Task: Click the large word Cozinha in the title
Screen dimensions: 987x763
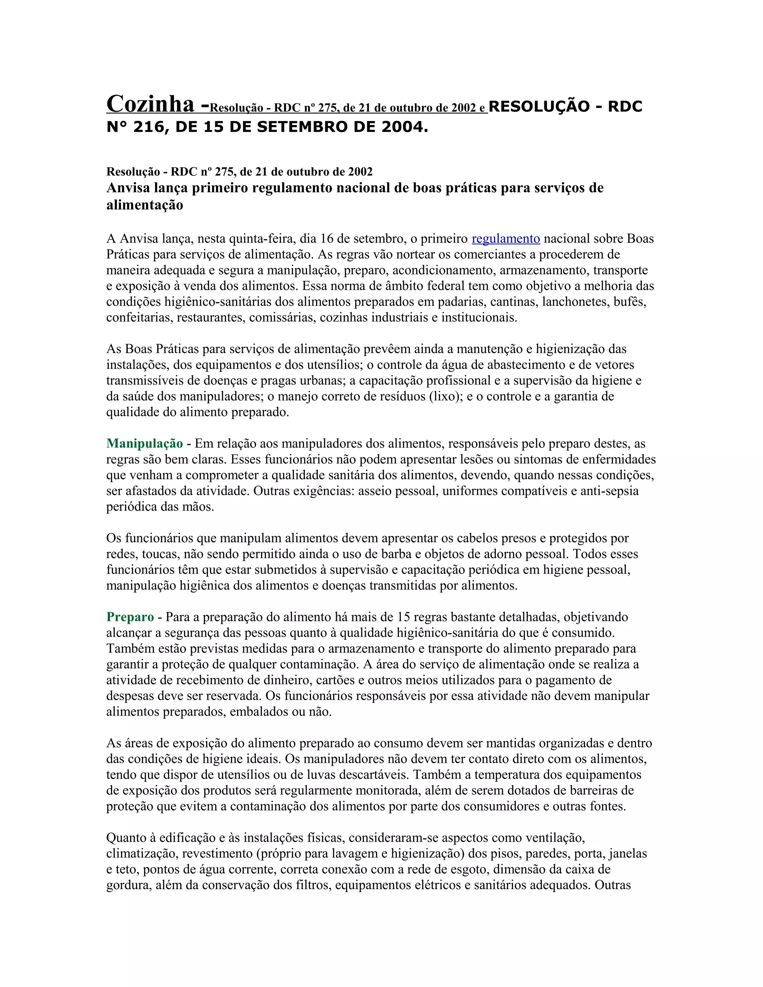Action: tap(150, 104)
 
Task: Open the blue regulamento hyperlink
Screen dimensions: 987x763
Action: tap(506, 239)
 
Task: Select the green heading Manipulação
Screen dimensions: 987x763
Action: tap(145, 444)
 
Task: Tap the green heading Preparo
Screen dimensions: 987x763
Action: tap(130, 617)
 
